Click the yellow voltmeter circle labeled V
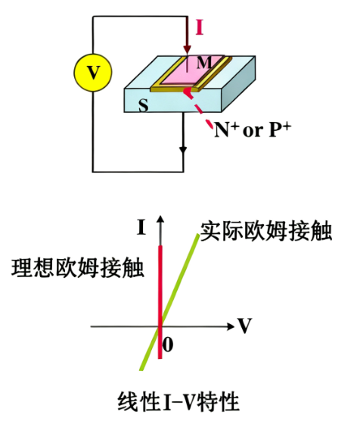[92, 72]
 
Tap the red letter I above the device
[199, 28]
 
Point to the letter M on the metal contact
[203, 63]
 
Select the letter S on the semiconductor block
[143, 106]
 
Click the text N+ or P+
[252, 129]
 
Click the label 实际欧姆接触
[267, 232]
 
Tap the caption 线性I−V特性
[179, 399]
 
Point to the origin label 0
[169, 345]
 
